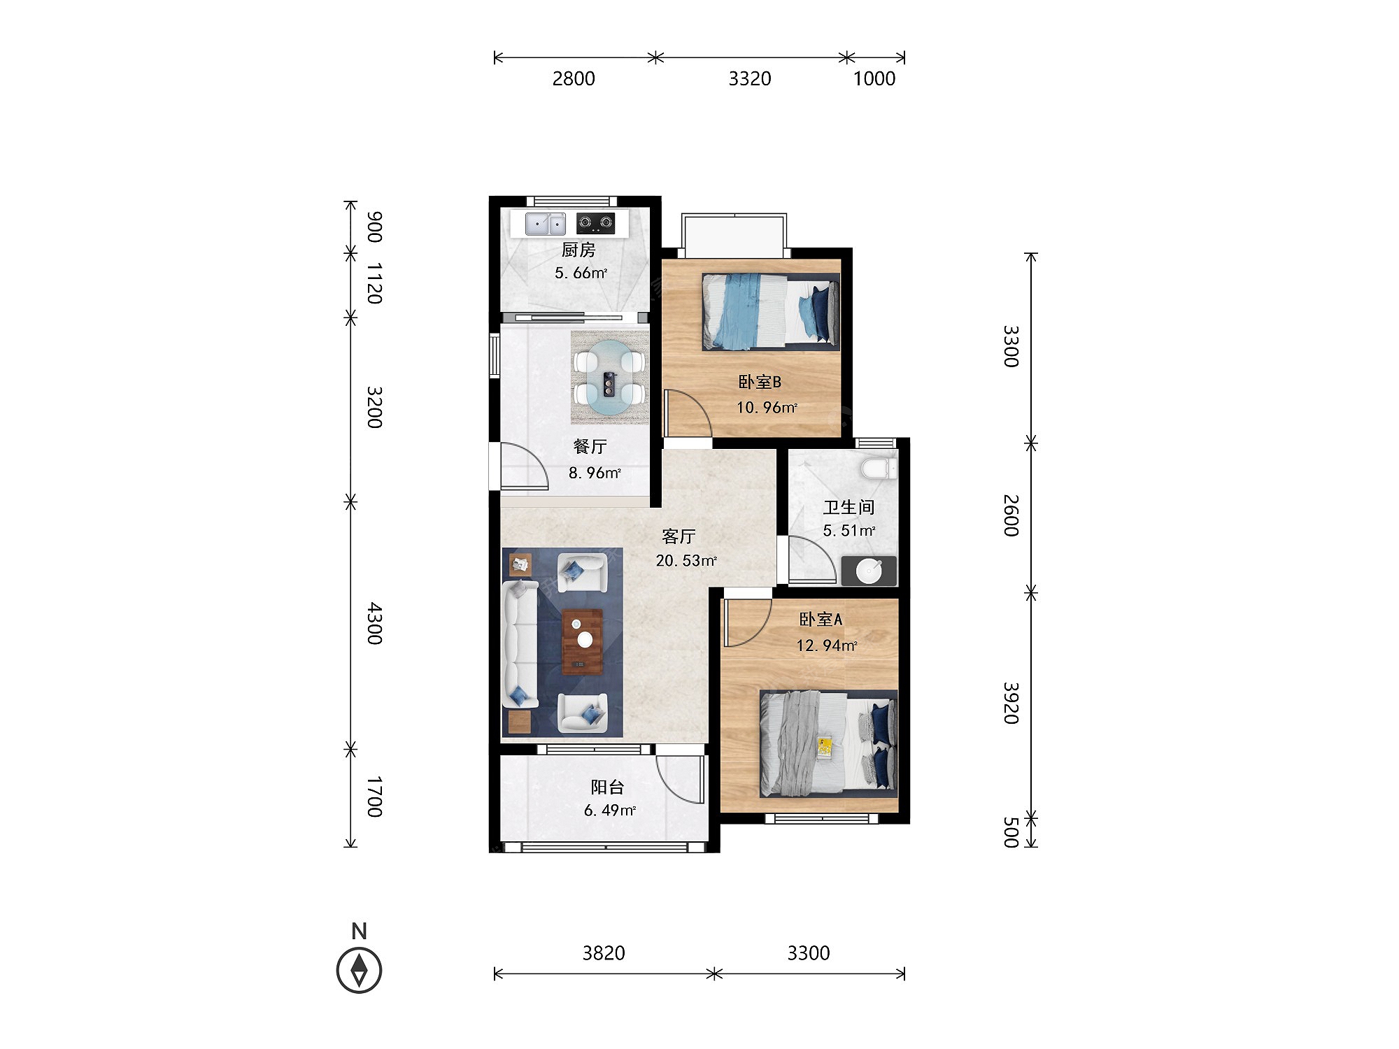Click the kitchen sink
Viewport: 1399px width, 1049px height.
coord(546,224)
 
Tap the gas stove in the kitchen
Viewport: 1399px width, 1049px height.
coord(595,223)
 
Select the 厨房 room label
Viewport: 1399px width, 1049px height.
coord(578,250)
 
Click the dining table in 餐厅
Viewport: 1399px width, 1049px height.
coord(610,378)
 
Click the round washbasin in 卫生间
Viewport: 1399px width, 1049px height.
coord(869,571)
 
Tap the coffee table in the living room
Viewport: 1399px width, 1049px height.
coord(583,641)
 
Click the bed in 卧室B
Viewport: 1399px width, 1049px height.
coord(771,311)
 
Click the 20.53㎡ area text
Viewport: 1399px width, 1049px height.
coord(686,561)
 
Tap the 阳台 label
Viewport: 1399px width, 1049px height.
coord(607,787)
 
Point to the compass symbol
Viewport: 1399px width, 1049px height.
coord(359,970)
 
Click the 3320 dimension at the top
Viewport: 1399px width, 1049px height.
coord(750,78)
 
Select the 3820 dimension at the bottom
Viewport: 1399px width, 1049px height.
coord(604,952)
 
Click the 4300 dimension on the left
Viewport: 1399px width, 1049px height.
coord(375,623)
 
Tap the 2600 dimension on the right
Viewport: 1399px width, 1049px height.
coord(1011,515)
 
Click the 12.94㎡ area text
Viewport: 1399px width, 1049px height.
coord(827,645)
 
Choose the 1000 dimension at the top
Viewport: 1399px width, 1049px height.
coord(874,78)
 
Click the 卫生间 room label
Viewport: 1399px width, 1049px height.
coord(848,507)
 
